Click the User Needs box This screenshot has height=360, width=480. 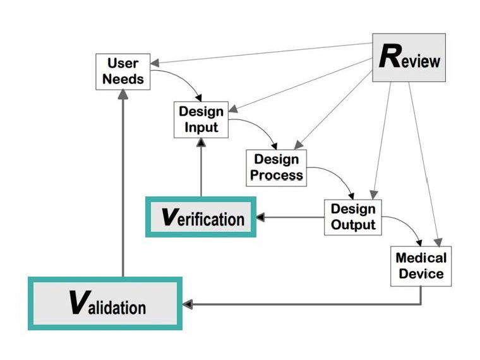click(x=123, y=71)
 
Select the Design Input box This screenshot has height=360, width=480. click(x=200, y=119)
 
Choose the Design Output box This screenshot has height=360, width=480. click(x=353, y=217)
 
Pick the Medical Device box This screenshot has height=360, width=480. click(x=421, y=266)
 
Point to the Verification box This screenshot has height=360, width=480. click(x=201, y=217)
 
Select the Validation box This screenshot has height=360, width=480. click(x=105, y=304)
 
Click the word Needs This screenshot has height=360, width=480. click(x=123, y=80)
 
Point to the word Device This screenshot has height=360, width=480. click(x=421, y=274)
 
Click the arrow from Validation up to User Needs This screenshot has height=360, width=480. click(x=123, y=189)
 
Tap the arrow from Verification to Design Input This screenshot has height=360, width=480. click(x=201, y=171)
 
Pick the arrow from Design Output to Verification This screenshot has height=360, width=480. click(x=291, y=218)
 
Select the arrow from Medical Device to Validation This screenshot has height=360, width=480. click(x=303, y=304)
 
